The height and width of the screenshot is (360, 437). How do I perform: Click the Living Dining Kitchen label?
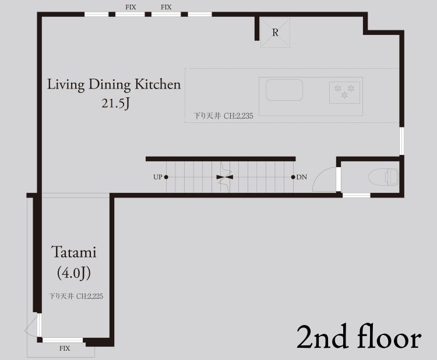[114, 84]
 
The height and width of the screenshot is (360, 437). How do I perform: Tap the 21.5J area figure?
[116, 103]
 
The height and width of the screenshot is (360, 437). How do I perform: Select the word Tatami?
[74, 252]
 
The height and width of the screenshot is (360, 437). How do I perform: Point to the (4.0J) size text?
[74, 273]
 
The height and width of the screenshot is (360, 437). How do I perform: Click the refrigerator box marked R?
[275, 33]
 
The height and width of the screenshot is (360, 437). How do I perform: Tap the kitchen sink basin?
[284, 90]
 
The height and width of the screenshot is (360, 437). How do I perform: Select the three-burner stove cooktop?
[344, 93]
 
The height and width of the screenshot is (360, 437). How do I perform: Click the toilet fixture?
[383, 177]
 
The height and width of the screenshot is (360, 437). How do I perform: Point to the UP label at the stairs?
[157, 177]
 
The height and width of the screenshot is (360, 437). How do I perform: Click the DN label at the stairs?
[302, 177]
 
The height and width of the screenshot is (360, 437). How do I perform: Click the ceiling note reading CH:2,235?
[238, 116]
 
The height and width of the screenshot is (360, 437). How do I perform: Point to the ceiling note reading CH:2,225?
[90, 296]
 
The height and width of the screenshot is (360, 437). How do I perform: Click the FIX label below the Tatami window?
[64, 348]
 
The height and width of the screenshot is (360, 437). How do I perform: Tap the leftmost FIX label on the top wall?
[131, 7]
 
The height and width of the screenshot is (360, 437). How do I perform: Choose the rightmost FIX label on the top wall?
[166, 7]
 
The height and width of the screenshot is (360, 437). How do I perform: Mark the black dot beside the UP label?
[166, 177]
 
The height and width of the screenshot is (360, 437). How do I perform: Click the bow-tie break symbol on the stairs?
[225, 177]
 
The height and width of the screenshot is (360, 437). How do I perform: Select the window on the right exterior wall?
[401, 141]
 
